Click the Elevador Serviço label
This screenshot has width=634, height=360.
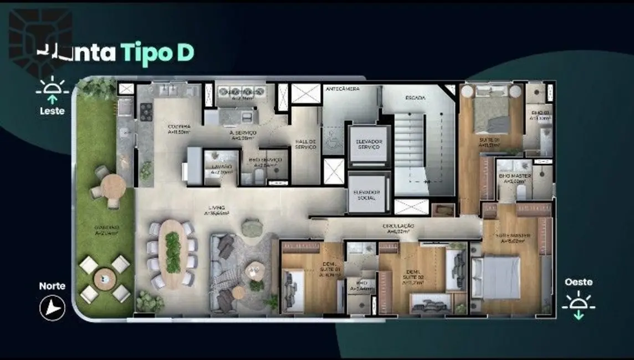[368, 145]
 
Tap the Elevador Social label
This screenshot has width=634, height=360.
[368, 194]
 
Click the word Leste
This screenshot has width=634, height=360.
[52, 111]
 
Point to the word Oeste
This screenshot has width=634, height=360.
[579, 282]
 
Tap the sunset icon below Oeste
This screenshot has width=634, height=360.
[579, 305]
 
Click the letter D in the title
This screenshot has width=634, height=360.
[186, 54]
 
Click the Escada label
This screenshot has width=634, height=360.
[415, 97]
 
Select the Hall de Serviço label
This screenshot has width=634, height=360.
[305, 143]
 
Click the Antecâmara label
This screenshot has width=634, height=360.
[342, 89]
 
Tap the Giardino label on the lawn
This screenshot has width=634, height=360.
[105, 230]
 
